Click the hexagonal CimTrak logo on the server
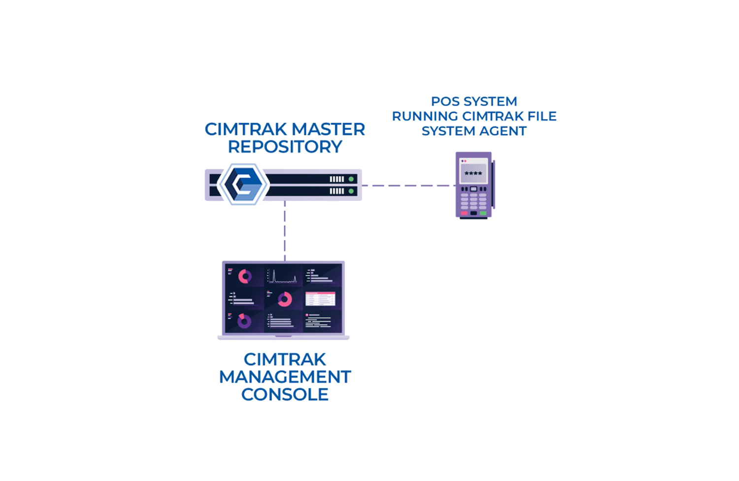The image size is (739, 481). (x=242, y=184)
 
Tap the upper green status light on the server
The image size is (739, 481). (x=351, y=179)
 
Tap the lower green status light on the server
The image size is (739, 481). (x=351, y=191)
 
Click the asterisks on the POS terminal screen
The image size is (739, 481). (x=473, y=173)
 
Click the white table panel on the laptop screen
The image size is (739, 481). (x=320, y=299)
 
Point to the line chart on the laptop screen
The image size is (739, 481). (x=283, y=277)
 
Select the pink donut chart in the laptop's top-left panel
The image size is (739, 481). (x=245, y=277)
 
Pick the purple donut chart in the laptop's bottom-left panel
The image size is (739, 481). (x=244, y=321)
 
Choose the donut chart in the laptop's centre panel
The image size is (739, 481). (x=285, y=299)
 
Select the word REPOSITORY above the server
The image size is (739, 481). (x=285, y=147)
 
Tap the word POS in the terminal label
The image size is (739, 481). (x=445, y=101)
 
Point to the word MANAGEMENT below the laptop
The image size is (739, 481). (x=285, y=377)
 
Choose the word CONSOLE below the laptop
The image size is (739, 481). (x=285, y=395)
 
